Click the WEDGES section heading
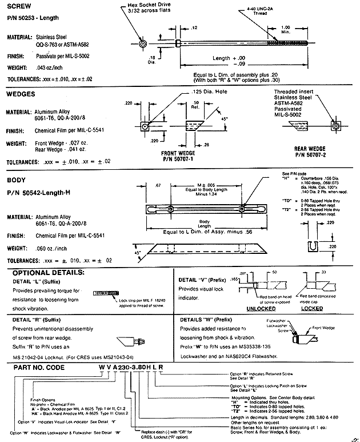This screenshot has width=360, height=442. pyautogui.click(x=21, y=93)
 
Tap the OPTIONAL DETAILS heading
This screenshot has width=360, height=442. pyautogui.click(x=49, y=272)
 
